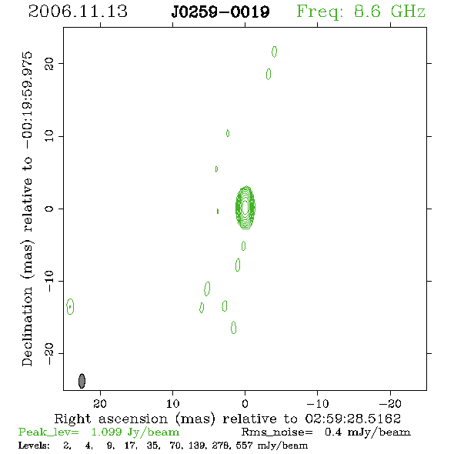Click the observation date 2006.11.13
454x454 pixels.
click(x=78, y=12)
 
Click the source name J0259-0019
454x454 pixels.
click(x=221, y=12)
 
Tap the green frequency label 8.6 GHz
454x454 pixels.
click(x=389, y=12)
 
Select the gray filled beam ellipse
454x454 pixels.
click(x=82, y=381)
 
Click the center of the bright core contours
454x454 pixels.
click(x=245, y=207)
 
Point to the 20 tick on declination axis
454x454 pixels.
click(x=49, y=63)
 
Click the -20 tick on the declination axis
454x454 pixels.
click(x=49, y=354)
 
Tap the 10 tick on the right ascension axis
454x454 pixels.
click(x=173, y=403)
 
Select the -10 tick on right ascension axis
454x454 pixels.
click(x=318, y=403)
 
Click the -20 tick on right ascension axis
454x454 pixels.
click(x=390, y=403)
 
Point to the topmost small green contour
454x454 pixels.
click(x=274, y=52)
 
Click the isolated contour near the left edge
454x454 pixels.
click(x=70, y=306)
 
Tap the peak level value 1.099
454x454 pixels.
click(x=106, y=432)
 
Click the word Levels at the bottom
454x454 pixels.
click(x=34, y=446)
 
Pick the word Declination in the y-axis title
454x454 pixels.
click(x=27, y=326)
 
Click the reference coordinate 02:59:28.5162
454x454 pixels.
click(x=353, y=419)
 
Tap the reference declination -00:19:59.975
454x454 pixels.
click(x=27, y=100)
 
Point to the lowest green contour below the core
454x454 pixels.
click(x=234, y=328)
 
